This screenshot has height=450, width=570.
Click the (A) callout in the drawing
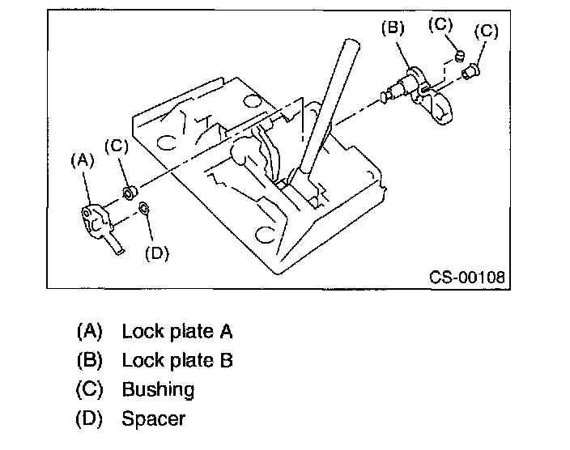tap(83, 161)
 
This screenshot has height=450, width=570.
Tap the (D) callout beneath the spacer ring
tap(155, 253)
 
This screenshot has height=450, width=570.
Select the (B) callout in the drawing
tap(393, 28)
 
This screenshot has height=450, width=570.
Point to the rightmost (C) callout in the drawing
tap(486, 32)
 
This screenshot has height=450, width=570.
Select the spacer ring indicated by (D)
tap(143, 210)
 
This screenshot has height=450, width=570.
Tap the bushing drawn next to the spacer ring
tap(128, 193)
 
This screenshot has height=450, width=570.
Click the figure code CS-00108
tap(467, 278)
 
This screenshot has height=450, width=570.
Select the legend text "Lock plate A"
tap(177, 331)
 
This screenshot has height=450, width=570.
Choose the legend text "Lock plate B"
tap(177, 360)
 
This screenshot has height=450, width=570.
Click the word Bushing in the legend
tap(158, 389)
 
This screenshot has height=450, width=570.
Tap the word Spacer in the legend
tap(153, 418)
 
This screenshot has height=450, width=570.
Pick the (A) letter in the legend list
tap(90, 331)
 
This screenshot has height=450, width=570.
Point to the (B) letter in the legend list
tap(90, 360)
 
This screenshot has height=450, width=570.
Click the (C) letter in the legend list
tap(90, 389)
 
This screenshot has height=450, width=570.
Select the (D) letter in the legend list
tap(90, 418)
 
